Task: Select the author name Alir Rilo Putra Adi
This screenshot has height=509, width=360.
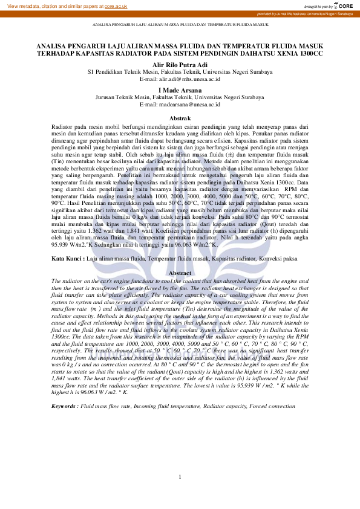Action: (180, 65)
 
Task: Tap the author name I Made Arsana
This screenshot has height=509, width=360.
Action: (180, 89)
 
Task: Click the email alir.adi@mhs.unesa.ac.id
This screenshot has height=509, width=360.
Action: (180, 79)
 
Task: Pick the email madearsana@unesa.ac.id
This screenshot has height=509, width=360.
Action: (180, 103)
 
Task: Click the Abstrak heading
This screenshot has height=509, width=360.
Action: (180, 118)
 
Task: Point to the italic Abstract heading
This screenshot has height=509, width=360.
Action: (180, 273)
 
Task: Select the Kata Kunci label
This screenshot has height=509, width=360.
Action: (67, 258)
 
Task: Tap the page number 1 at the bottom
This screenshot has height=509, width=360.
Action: (180, 478)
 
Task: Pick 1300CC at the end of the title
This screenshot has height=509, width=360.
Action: (309, 53)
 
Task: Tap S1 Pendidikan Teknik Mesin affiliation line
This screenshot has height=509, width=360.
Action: (180, 72)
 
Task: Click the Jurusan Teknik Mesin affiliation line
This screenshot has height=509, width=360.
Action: (180, 97)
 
